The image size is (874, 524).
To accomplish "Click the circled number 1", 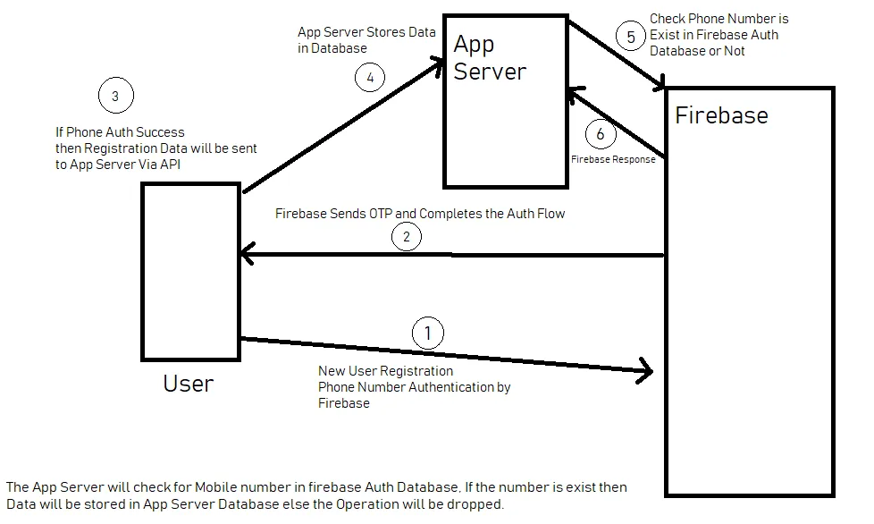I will pos(427,334).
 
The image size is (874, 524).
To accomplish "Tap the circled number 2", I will pos(407,237).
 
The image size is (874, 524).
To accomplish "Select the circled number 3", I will pos(115,96).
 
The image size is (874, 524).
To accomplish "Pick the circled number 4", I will pos(370,77).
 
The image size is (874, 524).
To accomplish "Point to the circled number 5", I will pos(632,37).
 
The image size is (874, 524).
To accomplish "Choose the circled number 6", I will pos(601,134).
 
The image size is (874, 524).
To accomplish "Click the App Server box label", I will pos(489,57).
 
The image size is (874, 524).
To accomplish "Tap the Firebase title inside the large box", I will pos(721,115).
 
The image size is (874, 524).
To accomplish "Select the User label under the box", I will pos(188,384).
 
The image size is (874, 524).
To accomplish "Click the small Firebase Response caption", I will pos(613,159).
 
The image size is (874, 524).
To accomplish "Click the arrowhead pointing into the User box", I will pos(245,256).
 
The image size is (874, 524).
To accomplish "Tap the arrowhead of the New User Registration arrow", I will pos(646,369).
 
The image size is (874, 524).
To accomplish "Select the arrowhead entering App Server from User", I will pos(439,63).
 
